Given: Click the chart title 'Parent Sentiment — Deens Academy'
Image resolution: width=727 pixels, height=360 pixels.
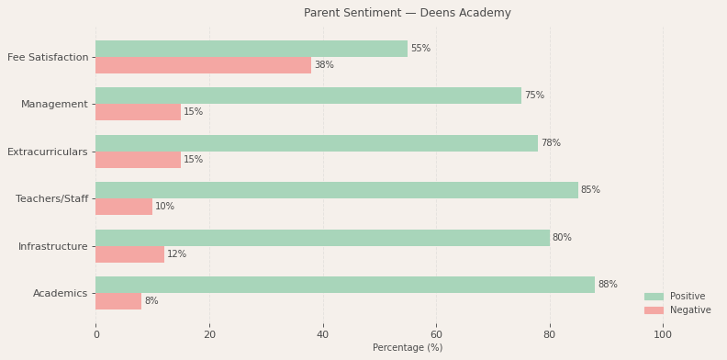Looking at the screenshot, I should click(407, 13).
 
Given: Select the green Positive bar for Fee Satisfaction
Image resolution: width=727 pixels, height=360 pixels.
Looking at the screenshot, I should click(252, 49).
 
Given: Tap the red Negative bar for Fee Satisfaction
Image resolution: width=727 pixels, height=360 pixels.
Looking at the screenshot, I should click(203, 65).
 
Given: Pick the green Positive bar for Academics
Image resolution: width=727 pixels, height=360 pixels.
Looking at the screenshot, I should click(345, 285).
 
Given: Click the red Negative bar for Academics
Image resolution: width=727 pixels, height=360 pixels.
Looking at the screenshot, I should click(118, 301).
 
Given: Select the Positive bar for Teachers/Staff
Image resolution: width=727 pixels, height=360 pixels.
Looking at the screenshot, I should click(337, 190).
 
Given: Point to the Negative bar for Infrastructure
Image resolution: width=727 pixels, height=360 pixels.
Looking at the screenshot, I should click(129, 254).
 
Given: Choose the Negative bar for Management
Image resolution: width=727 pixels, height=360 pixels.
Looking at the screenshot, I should click(138, 112).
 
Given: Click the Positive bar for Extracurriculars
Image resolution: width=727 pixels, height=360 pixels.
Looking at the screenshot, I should click(317, 143).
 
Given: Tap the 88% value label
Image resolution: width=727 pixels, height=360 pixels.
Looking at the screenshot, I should click(608, 285).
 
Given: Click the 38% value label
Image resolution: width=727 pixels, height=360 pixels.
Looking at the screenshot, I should click(324, 65).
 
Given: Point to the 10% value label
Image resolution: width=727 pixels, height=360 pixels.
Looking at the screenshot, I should click(164, 207).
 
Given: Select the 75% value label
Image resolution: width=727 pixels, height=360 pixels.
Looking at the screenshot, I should click(534, 96).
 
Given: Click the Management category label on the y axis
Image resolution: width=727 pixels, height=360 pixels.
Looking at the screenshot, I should click(54, 104).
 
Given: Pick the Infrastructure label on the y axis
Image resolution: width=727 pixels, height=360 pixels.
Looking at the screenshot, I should click(54, 246).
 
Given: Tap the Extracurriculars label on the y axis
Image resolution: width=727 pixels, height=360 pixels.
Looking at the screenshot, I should click(48, 152).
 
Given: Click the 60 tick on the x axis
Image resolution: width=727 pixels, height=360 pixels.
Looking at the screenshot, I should click(436, 335).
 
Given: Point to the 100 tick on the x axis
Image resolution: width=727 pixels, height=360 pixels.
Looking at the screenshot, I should click(663, 335).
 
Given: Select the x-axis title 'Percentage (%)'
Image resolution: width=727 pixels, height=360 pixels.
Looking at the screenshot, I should click(407, 348).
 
